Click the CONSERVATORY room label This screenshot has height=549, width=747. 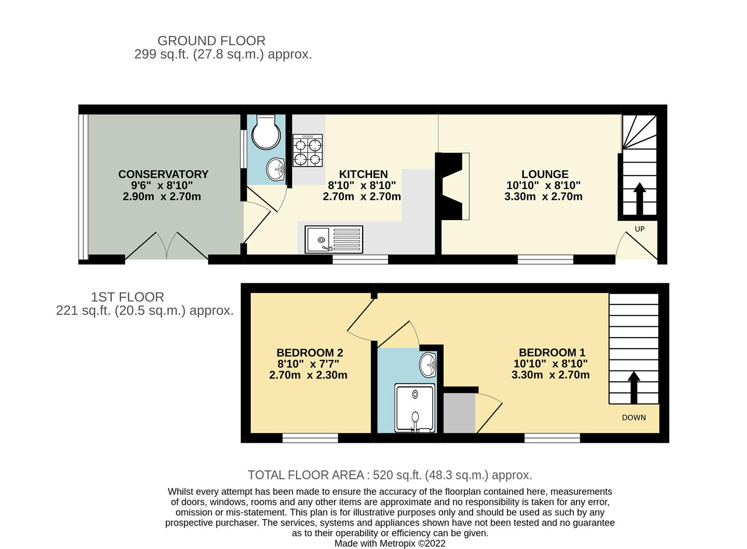click(x=163, y=174)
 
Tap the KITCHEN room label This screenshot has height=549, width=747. click(x=363, y=174)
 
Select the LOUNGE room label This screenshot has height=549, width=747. click(x=545, y=174)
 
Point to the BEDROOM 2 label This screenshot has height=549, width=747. click(x=310, y=353)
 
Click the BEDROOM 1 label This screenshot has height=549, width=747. click(x=552, y=352)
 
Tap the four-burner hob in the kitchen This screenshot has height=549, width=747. click(x=308, y=150)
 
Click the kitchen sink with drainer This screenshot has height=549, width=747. click(x=334, y=239)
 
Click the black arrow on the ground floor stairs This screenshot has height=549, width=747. click(x=639, y=198)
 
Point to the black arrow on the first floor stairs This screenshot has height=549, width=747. click(x=633, y=387)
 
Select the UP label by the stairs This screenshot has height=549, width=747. click(x=640, y=229)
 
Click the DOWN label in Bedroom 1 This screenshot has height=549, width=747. click(x=634, y=418)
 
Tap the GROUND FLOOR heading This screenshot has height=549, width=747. click(x=211, y=41)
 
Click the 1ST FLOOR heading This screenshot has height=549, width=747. click(x=127, y=297)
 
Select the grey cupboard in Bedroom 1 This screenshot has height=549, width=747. click(x=459, y=413)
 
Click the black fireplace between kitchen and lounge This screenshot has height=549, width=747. click(x=450, y=186)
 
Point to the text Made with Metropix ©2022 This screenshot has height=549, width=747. click(x=390, y=543)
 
